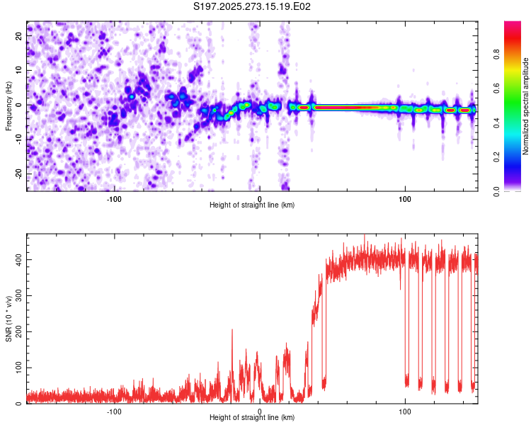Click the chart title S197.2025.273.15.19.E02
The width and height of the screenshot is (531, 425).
(x=253, y=6)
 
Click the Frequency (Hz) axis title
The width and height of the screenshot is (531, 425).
(x=8, y=106)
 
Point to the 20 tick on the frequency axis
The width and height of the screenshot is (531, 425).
(x=19, y=35)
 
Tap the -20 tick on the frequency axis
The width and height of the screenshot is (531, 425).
(x=19, y=174)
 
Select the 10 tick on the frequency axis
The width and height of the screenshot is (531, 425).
(x=19, y=69)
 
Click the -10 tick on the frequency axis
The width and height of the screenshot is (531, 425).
(x=19, y=139)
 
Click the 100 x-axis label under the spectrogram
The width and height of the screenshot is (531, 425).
(x=405, y=199)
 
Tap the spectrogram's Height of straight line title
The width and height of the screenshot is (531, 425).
(x=252, y=205)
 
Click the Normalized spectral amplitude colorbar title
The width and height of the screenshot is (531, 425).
(x=526, y=106)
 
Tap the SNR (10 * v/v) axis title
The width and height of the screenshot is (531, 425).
(x=8, y=319)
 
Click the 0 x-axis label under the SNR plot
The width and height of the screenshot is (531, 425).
(x=260, y=412)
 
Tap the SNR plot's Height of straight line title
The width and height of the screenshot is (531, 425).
(x=252, y=418)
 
